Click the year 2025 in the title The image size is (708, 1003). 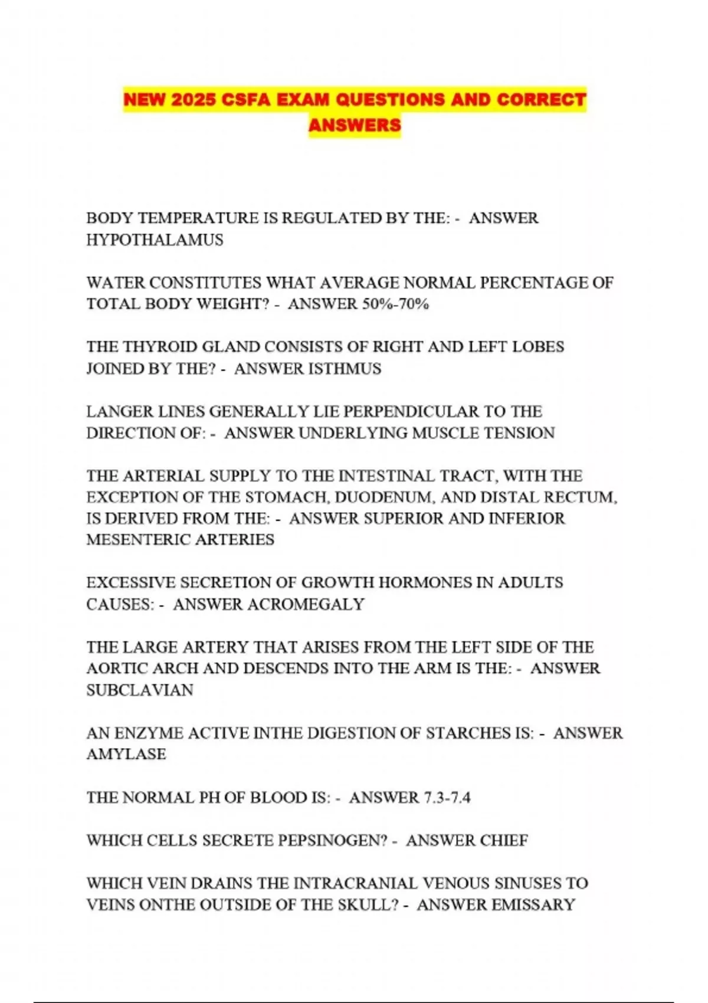pyautogui.click(x=193, y=99)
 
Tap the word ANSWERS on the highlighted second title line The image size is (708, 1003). pyautogui.click(x=355, y=125)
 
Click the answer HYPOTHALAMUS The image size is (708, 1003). pyautogui.click(x=155, y=240)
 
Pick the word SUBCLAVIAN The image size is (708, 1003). pyautogui.click(x=140, y=690)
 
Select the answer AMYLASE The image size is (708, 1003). pyautogui.click(x=126, y=754)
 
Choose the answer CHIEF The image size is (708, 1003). pyautogui.click(x=504, y=840)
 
